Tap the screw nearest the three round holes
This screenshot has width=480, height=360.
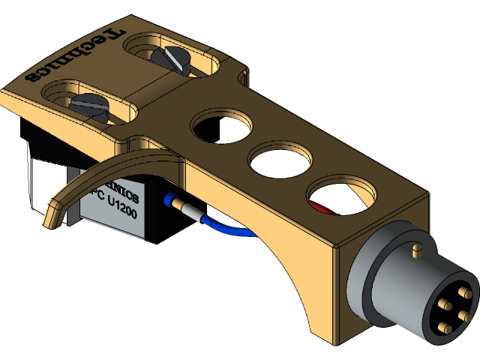click(166, 57)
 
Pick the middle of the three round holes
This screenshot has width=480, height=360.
click(278, 159)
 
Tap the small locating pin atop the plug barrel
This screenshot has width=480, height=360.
click(417, 247)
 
